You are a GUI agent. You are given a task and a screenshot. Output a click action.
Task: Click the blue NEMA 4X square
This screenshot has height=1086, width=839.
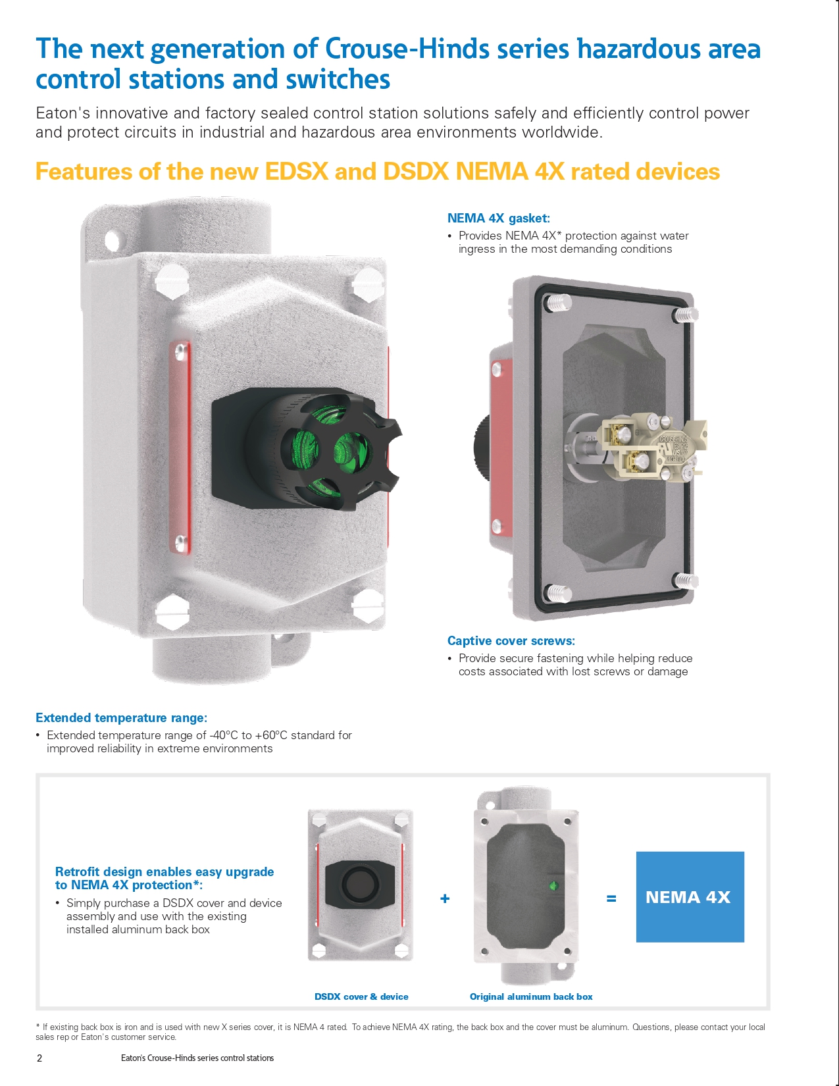click(690, 896)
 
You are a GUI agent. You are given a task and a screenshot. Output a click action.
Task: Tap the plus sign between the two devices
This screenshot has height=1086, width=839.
click(445, 898)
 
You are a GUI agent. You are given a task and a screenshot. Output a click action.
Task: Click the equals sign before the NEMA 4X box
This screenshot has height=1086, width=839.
click(611, 898)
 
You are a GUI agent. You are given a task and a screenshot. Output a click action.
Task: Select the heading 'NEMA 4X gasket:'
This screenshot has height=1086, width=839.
click(498, 218)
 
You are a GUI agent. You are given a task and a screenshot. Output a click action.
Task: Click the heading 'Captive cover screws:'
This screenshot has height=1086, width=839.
click(511, 640)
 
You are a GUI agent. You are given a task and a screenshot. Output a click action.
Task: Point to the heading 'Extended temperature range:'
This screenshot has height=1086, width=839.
click(121, 717)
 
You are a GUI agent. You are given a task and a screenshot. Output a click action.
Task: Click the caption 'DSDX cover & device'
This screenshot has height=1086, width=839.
click(361, 996)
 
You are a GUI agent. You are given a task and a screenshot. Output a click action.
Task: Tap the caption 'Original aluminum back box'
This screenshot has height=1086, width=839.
click(530, 996)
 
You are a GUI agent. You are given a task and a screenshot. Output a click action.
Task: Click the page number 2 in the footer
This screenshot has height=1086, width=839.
click(39, 1058)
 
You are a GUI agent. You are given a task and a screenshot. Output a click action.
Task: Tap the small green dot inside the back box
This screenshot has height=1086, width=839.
click(553, 886)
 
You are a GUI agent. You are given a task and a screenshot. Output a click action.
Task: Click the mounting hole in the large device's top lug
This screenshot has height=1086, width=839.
click(112, 241)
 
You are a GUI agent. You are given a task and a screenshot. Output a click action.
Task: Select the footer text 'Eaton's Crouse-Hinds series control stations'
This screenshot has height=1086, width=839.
click(197, 1058)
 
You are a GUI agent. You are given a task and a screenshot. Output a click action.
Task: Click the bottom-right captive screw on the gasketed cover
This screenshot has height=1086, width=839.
click(686, 581)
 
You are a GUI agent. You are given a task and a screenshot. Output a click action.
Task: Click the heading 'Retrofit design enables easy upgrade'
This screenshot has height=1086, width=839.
click(165, 871)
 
